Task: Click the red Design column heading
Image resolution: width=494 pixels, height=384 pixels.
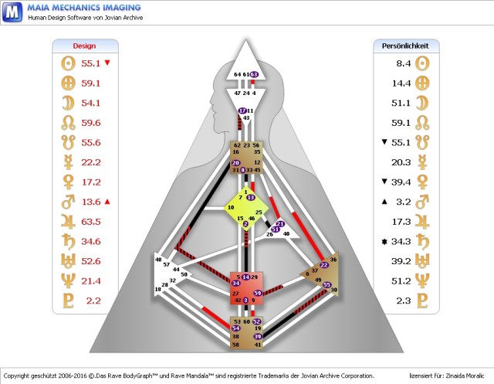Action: tap(84, 46)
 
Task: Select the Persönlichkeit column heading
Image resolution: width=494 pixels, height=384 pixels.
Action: tap(405, 46)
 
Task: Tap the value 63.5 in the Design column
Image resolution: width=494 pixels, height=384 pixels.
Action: tap(92, 222)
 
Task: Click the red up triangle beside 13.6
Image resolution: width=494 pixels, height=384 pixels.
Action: tap(107, 202)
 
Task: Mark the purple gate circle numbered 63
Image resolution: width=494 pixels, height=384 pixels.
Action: tap(254, 74)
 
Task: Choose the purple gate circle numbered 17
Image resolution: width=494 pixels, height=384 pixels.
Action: tap(242, 110)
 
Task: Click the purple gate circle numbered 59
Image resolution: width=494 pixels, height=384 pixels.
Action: tap(258, 294)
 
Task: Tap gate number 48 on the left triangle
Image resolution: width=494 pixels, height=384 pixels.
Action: tap(158, 260)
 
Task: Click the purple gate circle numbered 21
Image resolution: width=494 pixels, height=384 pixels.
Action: tap(279, 224)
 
